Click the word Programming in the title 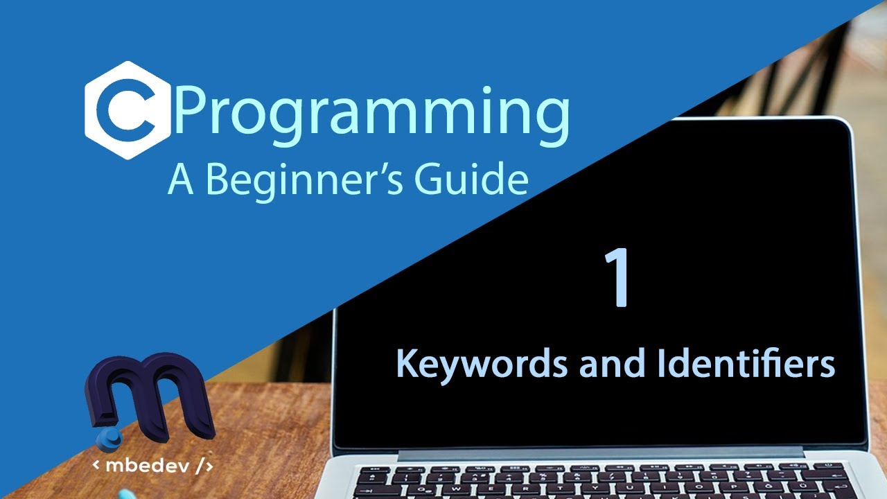pos(373,114)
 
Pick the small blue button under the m pos(109,437)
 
